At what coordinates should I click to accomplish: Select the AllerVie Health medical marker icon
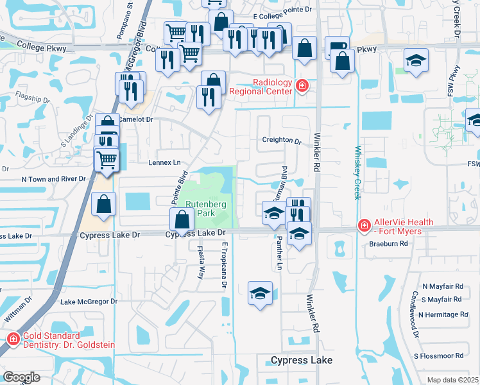point(364,226)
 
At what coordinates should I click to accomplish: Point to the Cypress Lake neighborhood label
point(302,360)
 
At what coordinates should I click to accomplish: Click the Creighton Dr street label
point(281,141)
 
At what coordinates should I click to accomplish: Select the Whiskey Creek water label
point(357,173)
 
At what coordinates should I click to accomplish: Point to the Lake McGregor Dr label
point(89,302)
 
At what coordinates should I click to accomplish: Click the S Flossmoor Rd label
point(438,355)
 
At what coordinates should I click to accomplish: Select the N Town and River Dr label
point(53,179)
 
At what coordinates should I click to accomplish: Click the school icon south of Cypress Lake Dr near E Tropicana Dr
point(259,294)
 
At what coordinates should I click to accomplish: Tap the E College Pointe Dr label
point(282,9)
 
